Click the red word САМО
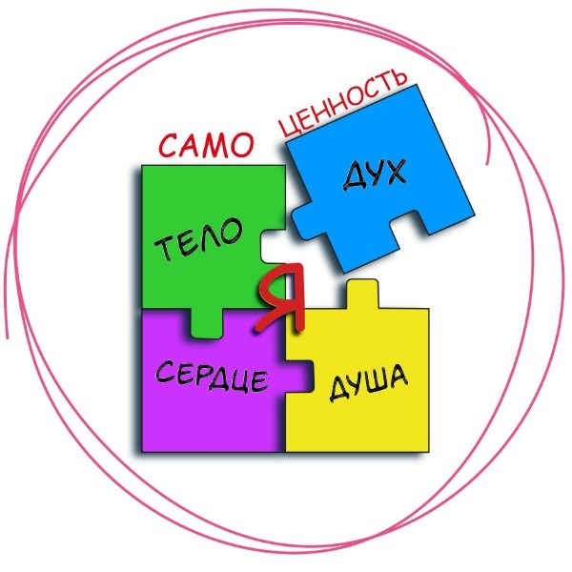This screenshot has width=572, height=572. click(x=206, y=145)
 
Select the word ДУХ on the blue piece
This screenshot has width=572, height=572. click(x=375, y=174)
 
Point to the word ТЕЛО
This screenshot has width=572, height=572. click(x=199, y=238)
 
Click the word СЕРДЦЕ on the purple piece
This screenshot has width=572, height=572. click(x=212, y=377)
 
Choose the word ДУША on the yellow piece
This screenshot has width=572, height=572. click(x=368, y=382)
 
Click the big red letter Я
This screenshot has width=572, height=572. click(x=281, y=296)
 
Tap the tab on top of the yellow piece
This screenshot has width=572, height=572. click(x=362, y=294)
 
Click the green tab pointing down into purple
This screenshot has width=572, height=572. click(x=206, y=323)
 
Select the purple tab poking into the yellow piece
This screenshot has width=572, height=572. click(x=300, y=377)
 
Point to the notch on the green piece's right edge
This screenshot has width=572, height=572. click(x=273, y=246)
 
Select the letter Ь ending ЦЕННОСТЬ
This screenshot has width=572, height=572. click(x=399, y=77)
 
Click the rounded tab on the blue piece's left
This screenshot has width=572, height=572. click(x=302, y=221)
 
